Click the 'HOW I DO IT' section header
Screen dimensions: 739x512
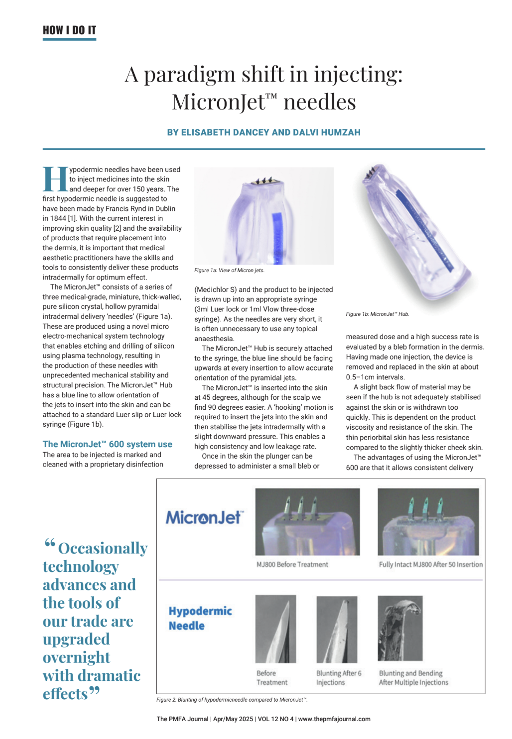[69, 30]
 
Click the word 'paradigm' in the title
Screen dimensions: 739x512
[189, 75]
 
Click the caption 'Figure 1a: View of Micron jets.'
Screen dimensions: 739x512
[229, 271]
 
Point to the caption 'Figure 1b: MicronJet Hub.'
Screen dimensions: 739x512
[377, 314]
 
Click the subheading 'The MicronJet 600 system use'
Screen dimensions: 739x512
[107, 444]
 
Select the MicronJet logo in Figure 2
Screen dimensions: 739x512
[204, 518]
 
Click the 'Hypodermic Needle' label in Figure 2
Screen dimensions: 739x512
[200, 618]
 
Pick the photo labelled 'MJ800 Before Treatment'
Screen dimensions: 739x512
[307, 522]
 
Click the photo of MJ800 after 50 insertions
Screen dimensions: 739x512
[428, 522]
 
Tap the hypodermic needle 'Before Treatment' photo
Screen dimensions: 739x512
[275, 629]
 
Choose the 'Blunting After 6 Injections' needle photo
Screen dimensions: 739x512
[337, 629]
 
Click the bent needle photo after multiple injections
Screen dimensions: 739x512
[400, 628]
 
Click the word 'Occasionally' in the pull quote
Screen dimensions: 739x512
[103, 549]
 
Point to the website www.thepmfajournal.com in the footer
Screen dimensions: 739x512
[334, 719]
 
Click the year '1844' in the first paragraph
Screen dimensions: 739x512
[58, 218]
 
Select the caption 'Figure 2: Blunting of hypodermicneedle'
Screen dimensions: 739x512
[232, 700]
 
